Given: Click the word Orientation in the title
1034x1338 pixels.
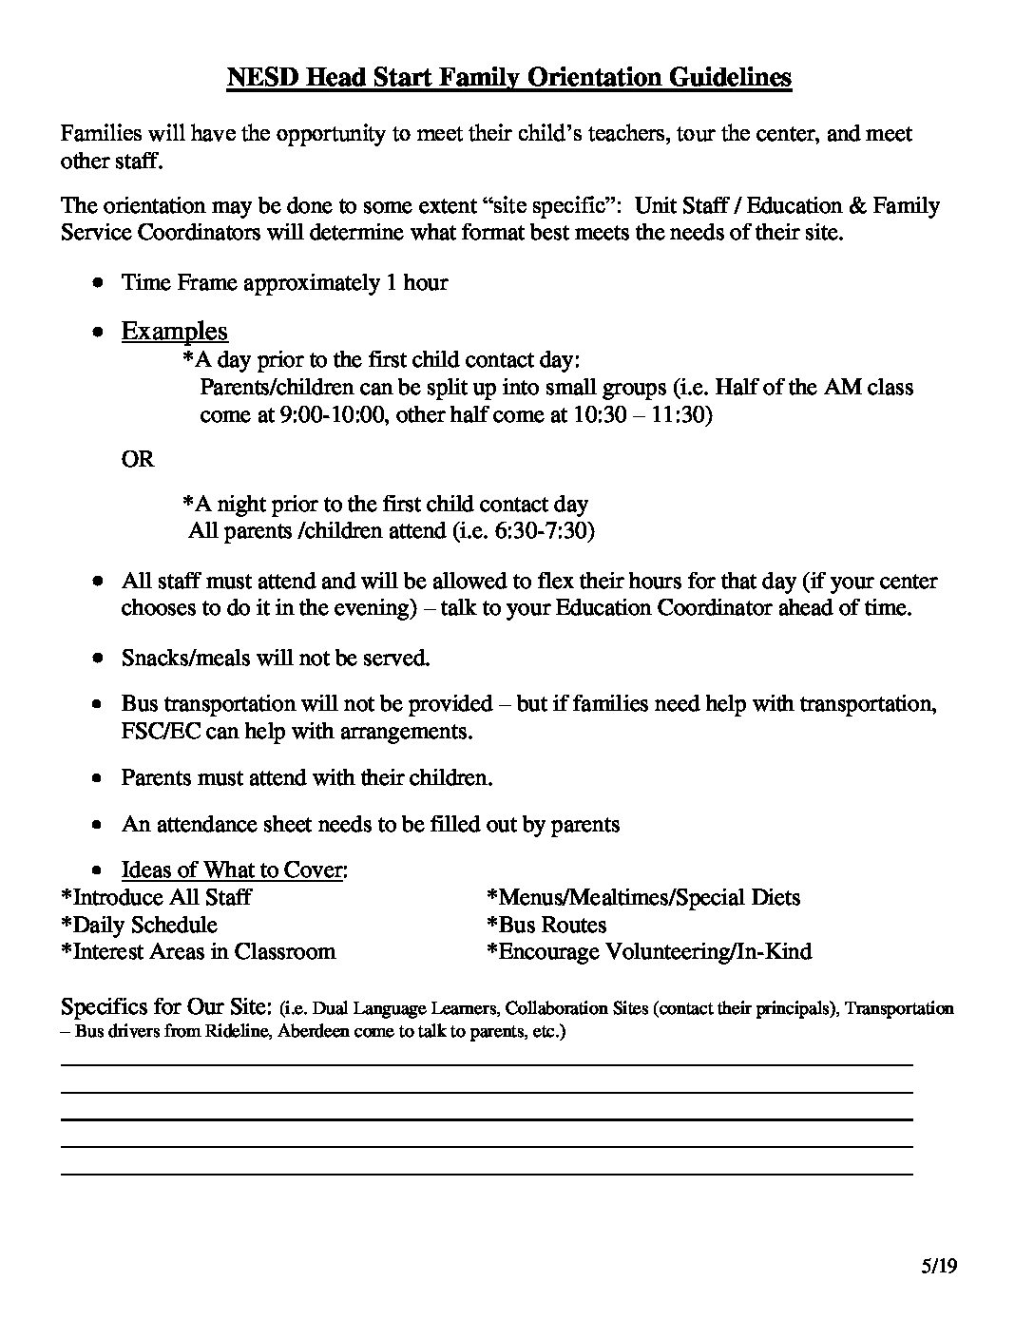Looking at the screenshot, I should click(x=595, y=77).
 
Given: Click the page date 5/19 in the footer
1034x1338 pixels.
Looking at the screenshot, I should click(x=938, y=1266).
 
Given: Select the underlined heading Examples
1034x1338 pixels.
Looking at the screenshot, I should click(x=174, y=331).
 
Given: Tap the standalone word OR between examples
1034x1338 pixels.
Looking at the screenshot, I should click(x=137, y=459).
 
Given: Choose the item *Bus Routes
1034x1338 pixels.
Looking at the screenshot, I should click(x=546, y=925).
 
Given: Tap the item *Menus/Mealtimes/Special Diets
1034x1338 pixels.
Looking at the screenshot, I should click(x=643, y=897).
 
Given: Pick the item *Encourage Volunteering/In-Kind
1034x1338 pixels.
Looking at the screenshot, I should click(x=649, y=951).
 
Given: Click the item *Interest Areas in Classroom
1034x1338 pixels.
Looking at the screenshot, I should click(x=198, y=951).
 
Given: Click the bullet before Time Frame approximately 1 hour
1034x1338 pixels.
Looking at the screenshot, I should click(x=98, y=283).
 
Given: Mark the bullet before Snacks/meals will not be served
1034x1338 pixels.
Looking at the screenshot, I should click(x=98, y=658).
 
